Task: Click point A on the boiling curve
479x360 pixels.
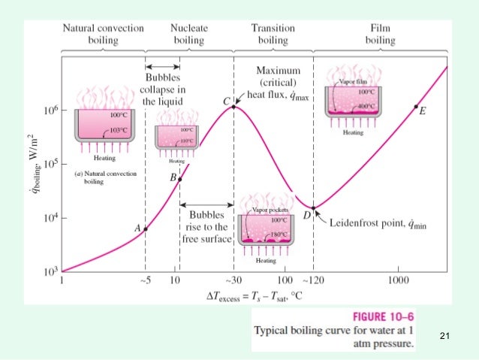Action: coord(146,228)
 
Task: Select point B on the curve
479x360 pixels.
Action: coord(179,179)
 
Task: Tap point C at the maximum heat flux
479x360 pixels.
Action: coord(233,107)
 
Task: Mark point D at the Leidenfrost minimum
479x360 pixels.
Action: coord(313,208)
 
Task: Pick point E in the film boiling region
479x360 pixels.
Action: coord(416,107)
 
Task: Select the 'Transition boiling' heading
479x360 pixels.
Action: coord(273,34)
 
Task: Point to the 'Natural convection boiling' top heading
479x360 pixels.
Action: coord(104,34)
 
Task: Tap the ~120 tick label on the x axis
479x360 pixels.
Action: coord(313,281)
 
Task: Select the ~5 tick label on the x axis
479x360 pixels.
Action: coord(145,281)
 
